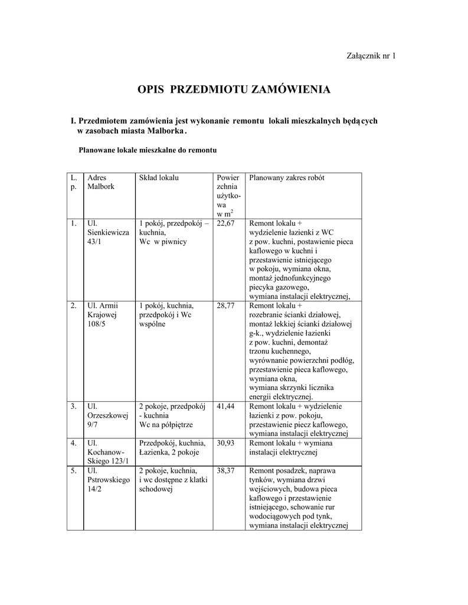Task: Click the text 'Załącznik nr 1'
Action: pyautogui.click(x=370, y=56)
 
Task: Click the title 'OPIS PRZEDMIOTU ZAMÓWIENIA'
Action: pyautogui.click(x=234, y=90)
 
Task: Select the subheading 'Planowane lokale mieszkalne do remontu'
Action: pyautogui.click(x=148, y=150)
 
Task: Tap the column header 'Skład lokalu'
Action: pyautogui.click(x=159, y=178)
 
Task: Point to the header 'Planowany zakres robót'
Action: pyautogui.click(x=287, y=178)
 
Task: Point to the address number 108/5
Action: pyautogui.click(x=96, y=324)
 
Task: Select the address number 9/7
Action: pyautogui.click(x=93, y=425)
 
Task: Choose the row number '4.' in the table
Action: pyautogui.click(x=73, y=443)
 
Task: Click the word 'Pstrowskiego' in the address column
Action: pyautogui.click(x=108, y=480)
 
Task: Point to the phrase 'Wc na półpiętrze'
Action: pyautogui.click(x=166, y=425)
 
